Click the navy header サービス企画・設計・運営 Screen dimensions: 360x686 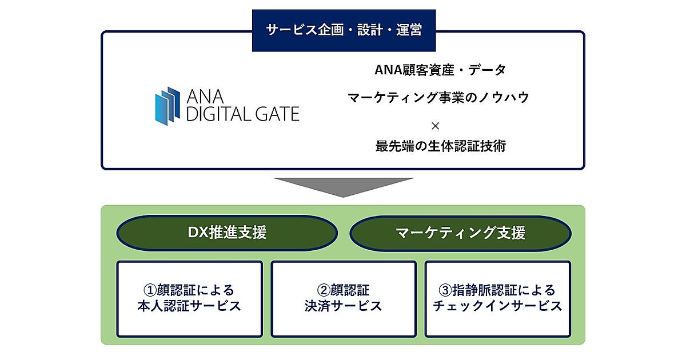pyautogui.click(x=344, y=30)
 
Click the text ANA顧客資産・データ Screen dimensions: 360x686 pyautogui.click(x=440, y=70)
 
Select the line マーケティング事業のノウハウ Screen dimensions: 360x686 pyautogui.click(x=438, y=98)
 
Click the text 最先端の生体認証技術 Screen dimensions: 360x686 pyautogui.click(x=440, y=146)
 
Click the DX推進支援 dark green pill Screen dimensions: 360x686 pyautogui.click(x=227, y=233)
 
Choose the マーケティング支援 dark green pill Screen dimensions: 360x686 pyautogui.click(x=460, y=233)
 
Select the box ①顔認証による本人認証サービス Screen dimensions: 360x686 pyautogui.click(x=189, y=298)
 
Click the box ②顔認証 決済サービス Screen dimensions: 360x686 pyautogui.click(x=344, y=298)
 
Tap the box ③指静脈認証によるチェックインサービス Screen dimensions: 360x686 pyautogui.click(x=497, y=298)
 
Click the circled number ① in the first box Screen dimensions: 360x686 pyautogui.click(x=149, y=290)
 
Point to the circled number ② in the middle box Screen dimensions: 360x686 pyautogui.click(x=322, y=290)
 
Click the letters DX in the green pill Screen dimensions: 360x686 pyautogui.click(x=198, y=233)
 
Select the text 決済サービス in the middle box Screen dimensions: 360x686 pyautogui.click(x=344, y=306)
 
